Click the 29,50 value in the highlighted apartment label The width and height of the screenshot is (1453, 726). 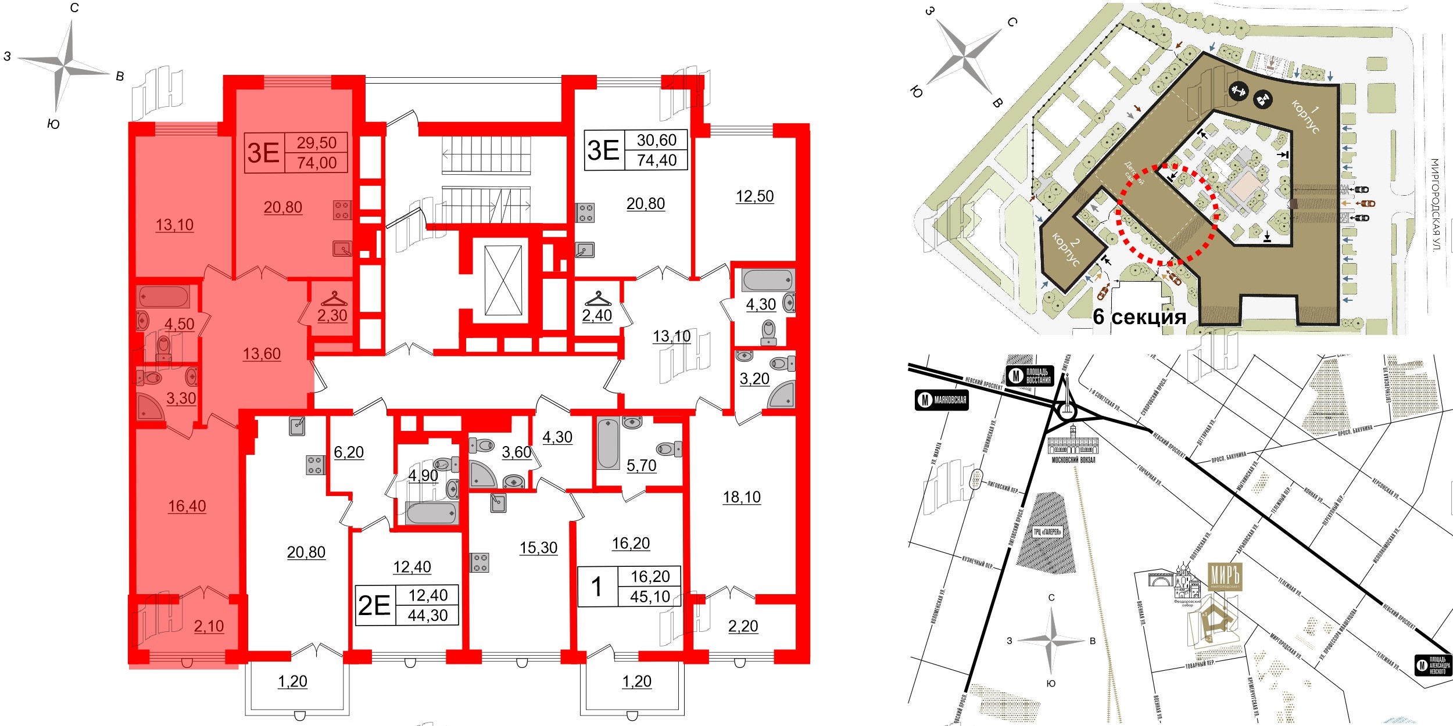tap(316, 143)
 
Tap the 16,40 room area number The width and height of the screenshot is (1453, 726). tap(187, 506)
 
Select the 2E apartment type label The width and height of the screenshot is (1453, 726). tap(374, 606)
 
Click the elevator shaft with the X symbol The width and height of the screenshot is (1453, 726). tap(503, 281)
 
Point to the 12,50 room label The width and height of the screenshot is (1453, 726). tap(754, 196)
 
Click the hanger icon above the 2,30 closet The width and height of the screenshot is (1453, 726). tap(334, 299)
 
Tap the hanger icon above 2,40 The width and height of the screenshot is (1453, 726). tap(598, 299)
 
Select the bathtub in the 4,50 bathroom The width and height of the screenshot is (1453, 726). tap(163, 296)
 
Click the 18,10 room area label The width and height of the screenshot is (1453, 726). tap(742, 497)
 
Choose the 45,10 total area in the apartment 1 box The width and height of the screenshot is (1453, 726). tap(650, 596)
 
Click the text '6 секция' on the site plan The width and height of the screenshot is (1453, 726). tap(1139, 317)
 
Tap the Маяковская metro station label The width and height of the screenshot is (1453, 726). tap(942, 400)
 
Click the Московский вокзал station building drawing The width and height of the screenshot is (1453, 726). tap(1073, 445)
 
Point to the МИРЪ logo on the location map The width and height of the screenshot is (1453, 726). tap(1225, 577)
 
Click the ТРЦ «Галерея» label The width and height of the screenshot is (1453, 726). tap(1047, 532)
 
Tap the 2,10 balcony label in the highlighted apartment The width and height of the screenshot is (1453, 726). tap(209, 627)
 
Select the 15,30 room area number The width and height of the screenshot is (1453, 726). tap(538, 548)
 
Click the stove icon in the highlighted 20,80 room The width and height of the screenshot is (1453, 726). tap(342, 210)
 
